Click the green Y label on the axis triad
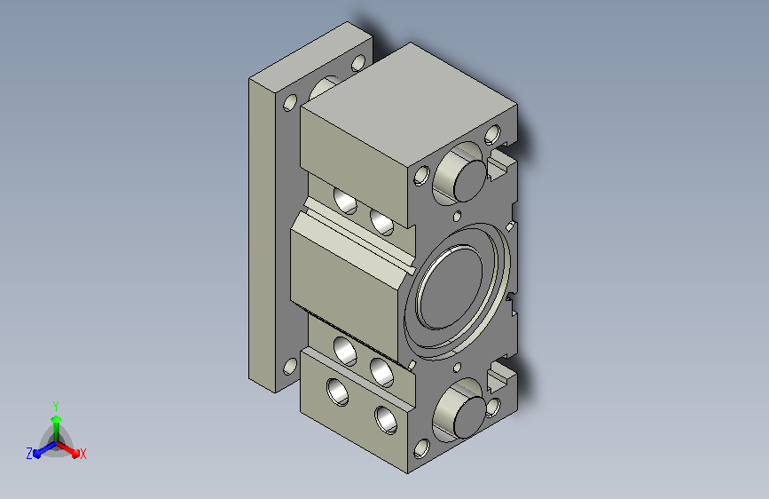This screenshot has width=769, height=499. (56, 407)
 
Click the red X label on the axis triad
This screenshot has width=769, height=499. (82, 455)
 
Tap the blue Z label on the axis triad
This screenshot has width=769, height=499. (29, 454)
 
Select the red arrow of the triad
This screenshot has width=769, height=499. (67, 449)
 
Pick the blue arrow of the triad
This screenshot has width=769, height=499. (44, 449)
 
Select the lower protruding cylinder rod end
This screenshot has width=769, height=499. (469, 417)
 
